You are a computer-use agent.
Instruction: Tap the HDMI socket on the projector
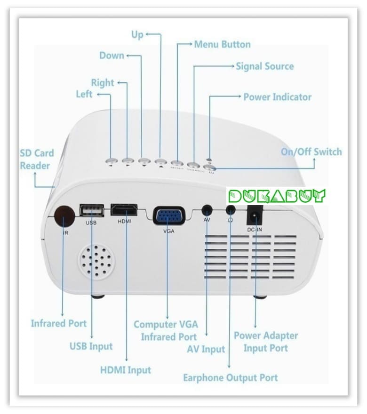[x=124, y=209]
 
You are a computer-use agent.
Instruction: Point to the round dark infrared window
[x=64, y=217]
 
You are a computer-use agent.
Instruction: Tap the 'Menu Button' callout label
[x=222, y=45]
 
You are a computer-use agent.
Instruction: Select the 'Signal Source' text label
[x=264, y=66]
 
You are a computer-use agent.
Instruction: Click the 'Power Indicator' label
[x=277, y=97]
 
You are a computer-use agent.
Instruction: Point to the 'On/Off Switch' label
[x=311, y=151]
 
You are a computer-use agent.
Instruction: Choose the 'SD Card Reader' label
[x=37, y=159]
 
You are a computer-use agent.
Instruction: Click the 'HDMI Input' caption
[x=126, y=370]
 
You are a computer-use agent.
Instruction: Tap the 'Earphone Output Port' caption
[x=230, y=377]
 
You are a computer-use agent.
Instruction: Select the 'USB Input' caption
[x=91, y=346]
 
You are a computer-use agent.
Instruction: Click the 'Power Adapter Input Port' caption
[x=266, y=342]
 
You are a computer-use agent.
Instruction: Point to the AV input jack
[x=207, y=210]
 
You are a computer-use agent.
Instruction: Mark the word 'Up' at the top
[x=137, y=34]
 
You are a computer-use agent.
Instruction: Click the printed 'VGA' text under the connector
[x=169, y=231]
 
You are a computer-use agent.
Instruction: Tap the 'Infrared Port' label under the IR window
[x=58, y=323]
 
